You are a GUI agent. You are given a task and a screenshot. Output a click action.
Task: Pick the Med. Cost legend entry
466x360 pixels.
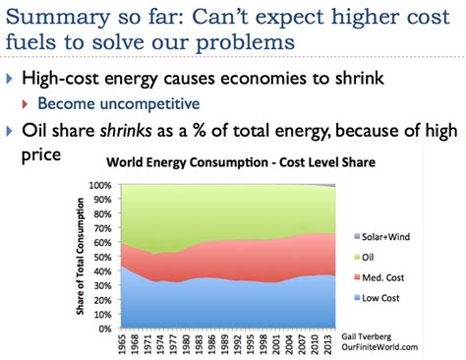pyautogui.click(x=426, y=277)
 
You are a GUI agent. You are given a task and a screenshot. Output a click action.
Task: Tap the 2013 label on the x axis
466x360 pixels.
pyautogui.click(x=379, y=343)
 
